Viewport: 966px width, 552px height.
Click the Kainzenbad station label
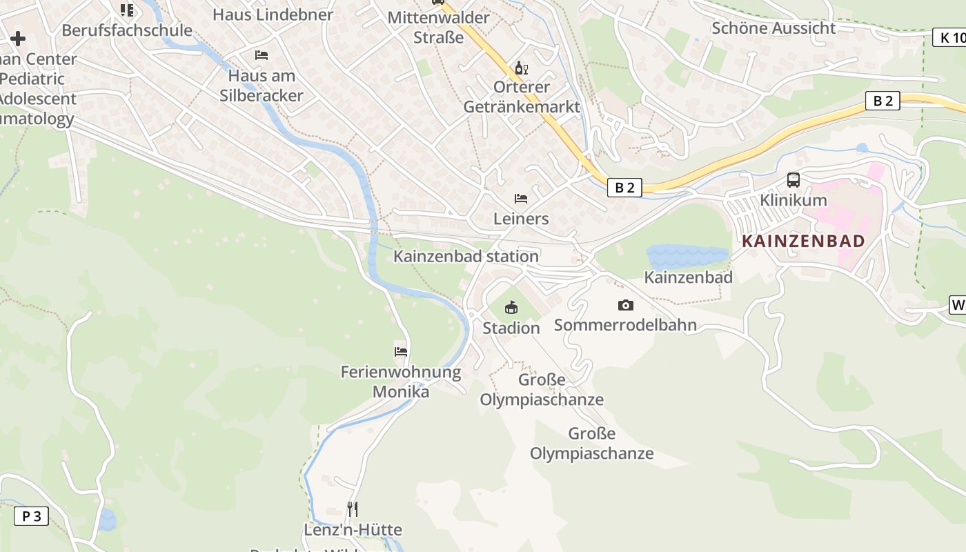pyautogui.click(x=466, y=257)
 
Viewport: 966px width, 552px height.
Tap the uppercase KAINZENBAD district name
pyautogui.click(x=803, y=241)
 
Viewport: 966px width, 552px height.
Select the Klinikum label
pyautogui.click(x=793, y=200)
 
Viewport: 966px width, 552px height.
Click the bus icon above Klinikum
pyautogui.click(x=793, y=180)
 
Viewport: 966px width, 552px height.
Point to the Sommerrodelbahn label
pyautogui.click(x=625, y=325)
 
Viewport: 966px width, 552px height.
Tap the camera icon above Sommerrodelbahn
pyautogui.click(x=626, y=305)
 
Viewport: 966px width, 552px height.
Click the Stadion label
pyautogui.click(x=511, y=328)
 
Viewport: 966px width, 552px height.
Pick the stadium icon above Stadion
pyautogui.click(x=511, y=308)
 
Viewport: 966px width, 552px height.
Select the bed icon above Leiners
pyautogui.click(x=521, y=199)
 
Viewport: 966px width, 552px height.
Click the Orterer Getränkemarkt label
pyautogui.click(x=522, y=97)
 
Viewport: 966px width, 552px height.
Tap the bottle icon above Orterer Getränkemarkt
pyautogui.click(x=521, y=68)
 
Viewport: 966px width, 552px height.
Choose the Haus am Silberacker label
pyautogui.click(x=262, y=86)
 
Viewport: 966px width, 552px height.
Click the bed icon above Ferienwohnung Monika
pyautogui.click(x=400, y=351)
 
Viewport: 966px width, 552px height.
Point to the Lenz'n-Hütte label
pyautogui.click(x=353, y=530)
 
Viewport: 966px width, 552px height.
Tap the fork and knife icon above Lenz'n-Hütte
pyautogui.click(x=352, y=509)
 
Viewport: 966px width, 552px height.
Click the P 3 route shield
pyautogui.click(x=32, y=516)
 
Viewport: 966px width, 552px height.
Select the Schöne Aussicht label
pyautogui.click(x=773, y=28)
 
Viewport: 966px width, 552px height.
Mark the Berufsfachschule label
pyautogui.click(x=127, y=30)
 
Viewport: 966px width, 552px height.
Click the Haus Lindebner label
pyautogui.click(x=273, y=14)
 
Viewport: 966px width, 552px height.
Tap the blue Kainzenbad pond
pyautogui.click(x=687, y=255)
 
